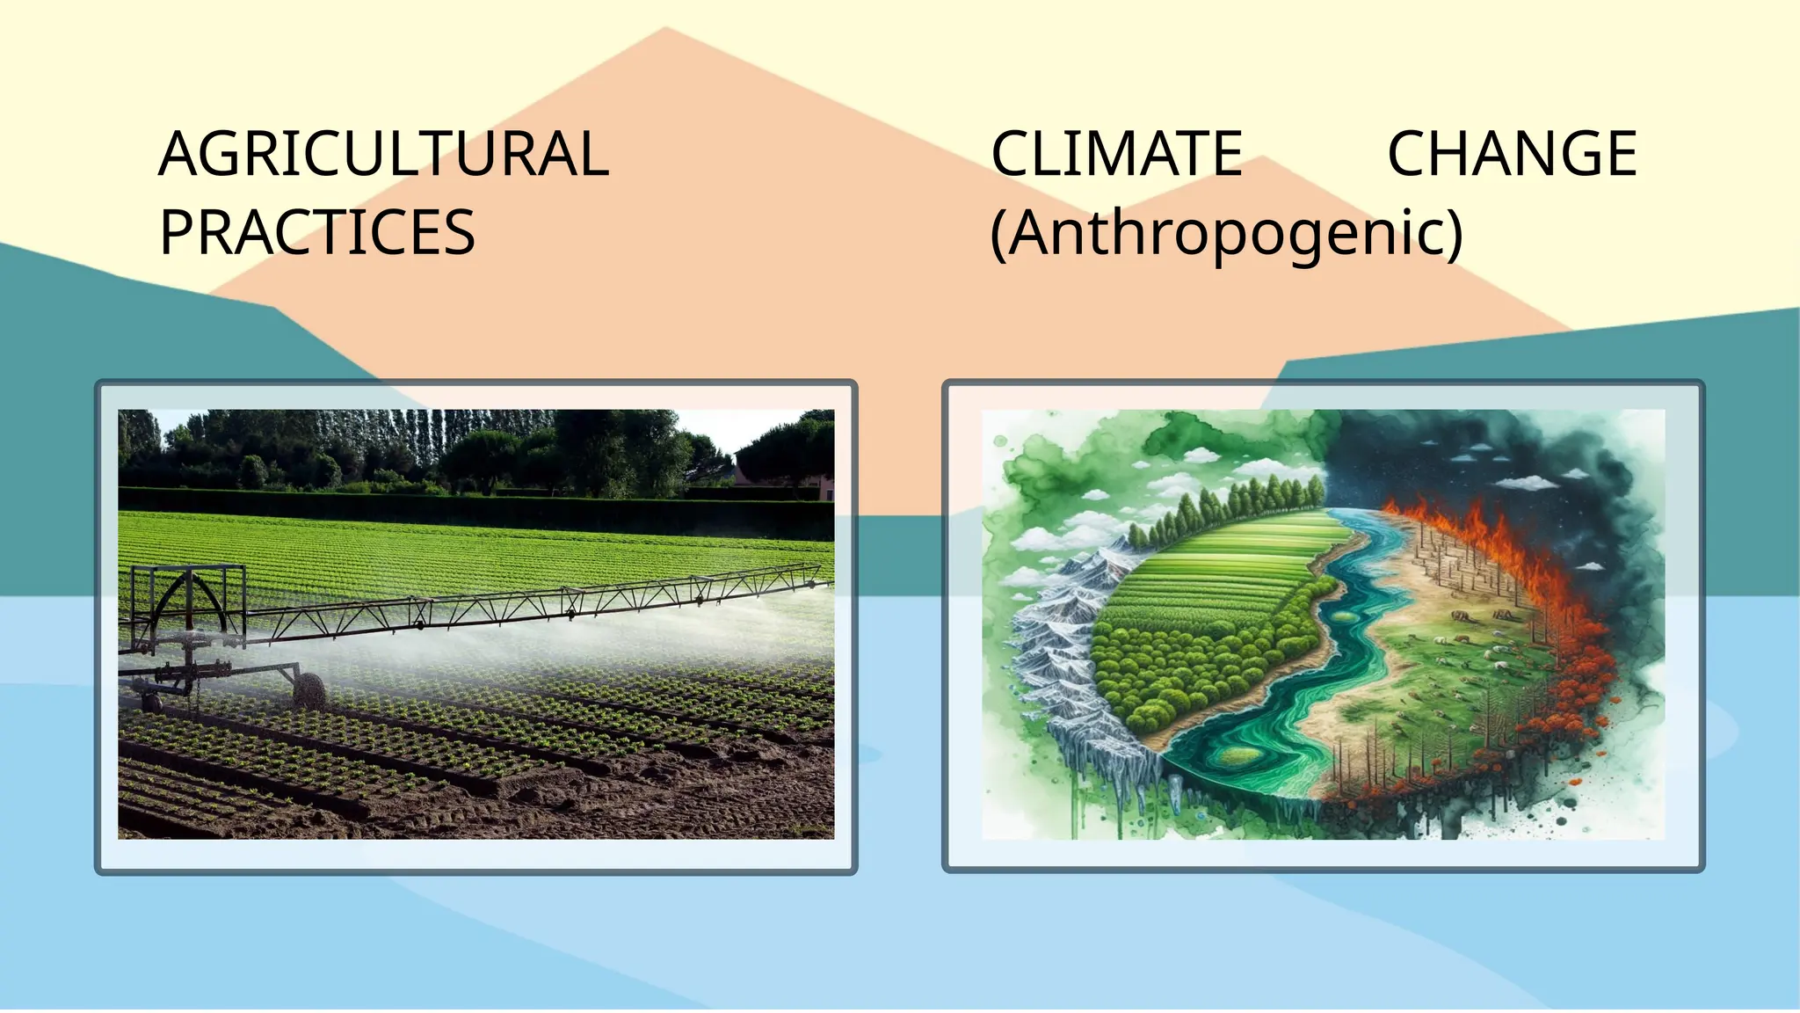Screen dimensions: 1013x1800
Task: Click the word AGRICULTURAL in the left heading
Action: pos(383,154)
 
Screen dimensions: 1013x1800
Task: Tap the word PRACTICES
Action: pos(316,233)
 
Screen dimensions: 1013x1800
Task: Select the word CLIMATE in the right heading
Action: pos(1116,154)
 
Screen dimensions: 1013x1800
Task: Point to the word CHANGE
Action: pos(1512,154)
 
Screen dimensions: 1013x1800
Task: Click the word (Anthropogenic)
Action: pos(1226,235)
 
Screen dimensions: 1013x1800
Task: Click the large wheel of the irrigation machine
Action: pos(308,690)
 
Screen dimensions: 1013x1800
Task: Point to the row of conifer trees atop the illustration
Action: pos(1230,506)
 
